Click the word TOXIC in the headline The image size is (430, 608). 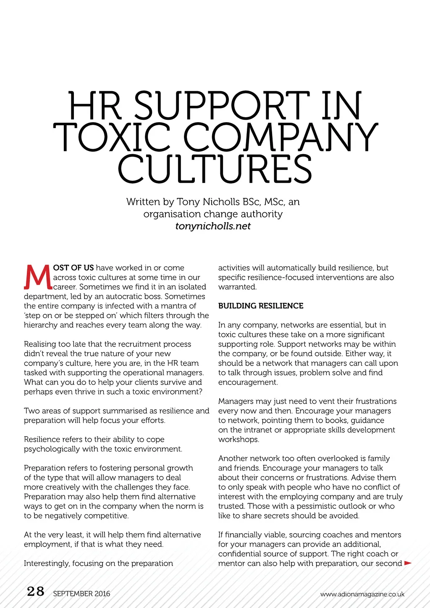point(112,137)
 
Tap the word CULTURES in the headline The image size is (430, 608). point(215,169)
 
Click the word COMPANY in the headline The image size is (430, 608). point(281,137)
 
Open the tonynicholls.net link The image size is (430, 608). point(213,226)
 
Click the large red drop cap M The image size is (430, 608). point(38,278)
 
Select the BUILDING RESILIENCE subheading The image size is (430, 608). point(261,306)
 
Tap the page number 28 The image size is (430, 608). point(35,592)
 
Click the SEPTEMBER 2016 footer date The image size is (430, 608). point(81,594)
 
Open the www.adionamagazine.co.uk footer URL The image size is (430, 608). point(362,594)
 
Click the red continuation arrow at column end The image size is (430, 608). point(407,563)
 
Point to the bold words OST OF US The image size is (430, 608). point(73,268)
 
